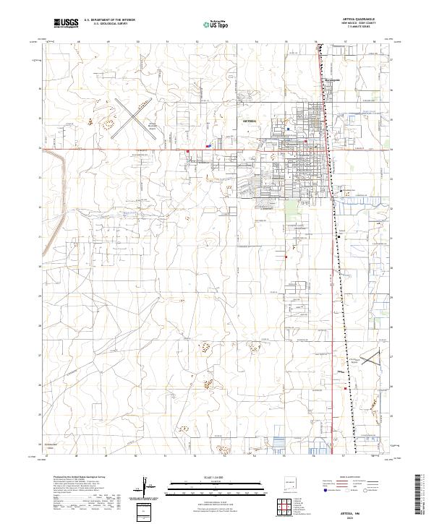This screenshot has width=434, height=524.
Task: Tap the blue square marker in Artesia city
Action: point(288,130)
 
